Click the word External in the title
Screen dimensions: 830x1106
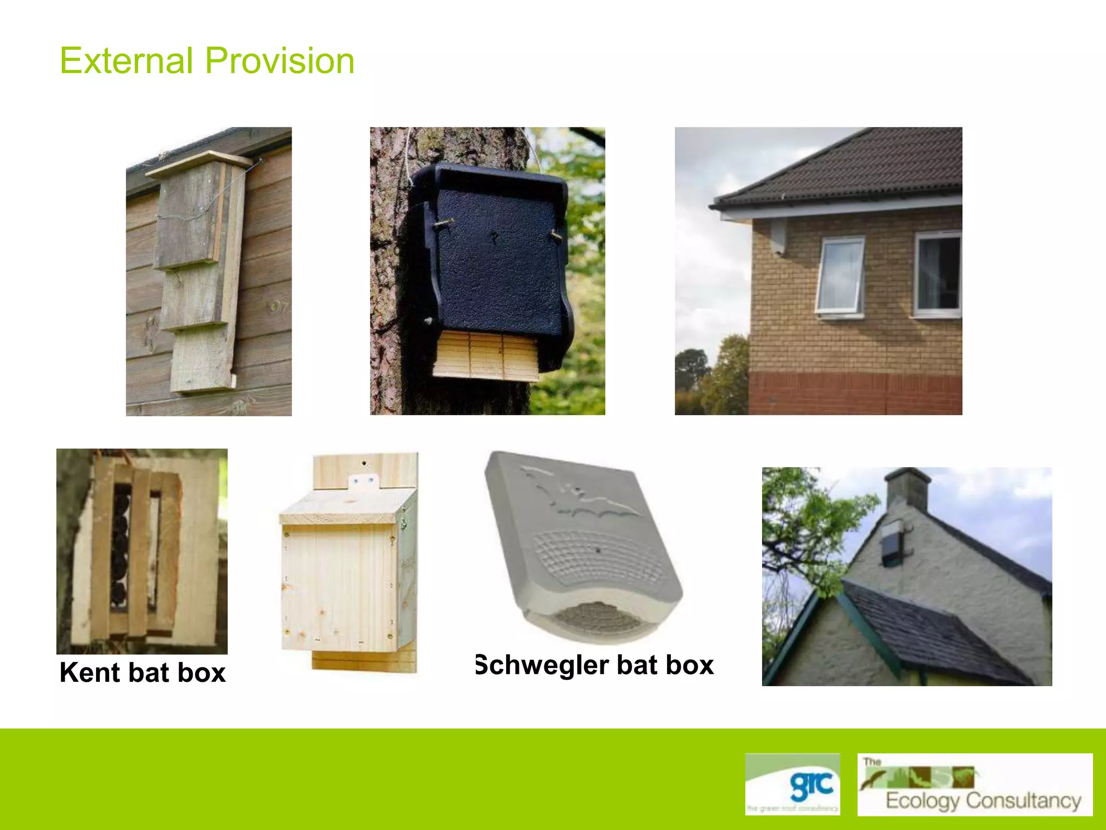(x=126, y=61)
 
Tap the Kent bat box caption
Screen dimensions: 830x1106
(x=143, y=673)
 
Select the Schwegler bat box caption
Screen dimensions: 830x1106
(x=594, y=665)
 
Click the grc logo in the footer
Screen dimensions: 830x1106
(x=792, y=784)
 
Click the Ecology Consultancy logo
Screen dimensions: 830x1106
(x=975, y=785)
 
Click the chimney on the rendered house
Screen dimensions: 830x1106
(x=907, y=489)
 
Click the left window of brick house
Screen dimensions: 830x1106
(x=840, y=276)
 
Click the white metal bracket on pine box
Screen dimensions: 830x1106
(x=363, y=481)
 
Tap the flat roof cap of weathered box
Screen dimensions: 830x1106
(x=199, y=164)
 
